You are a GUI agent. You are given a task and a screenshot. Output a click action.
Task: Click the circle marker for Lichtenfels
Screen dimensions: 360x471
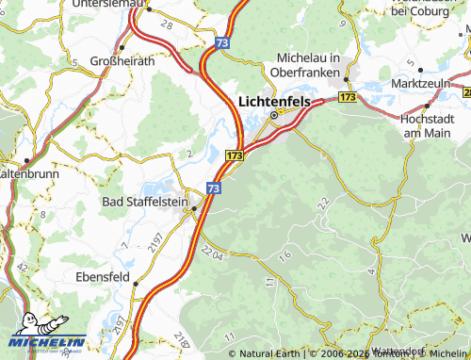(274, 115)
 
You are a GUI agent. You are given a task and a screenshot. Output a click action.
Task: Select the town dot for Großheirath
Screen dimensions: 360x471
(122, 47)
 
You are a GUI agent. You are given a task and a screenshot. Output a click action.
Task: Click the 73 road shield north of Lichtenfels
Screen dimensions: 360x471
(221, 42)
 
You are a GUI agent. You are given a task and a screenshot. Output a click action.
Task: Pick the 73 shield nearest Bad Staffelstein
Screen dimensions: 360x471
(215, 189)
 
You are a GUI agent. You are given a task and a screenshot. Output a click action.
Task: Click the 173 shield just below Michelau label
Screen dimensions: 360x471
(348, 96)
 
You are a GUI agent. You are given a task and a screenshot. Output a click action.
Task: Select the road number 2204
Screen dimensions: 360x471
(214, 253)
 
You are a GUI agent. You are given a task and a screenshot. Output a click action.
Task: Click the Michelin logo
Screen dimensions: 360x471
(48, 342)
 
